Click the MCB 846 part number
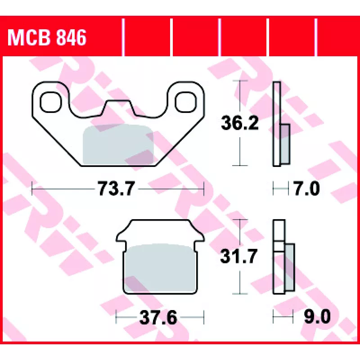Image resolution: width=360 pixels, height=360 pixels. (47, 37)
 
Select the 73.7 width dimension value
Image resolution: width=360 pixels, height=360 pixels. (117, 189)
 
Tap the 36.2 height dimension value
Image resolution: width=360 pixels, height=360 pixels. (240, 123)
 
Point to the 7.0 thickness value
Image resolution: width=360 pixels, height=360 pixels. (307, 189)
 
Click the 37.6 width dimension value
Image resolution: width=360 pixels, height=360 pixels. (158, 318)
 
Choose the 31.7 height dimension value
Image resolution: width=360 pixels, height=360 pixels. (238, 256)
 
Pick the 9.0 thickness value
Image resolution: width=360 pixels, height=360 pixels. (317, 317)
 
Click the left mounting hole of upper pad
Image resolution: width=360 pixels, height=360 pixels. (51, 102)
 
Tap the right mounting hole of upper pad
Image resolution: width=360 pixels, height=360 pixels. (186, 102)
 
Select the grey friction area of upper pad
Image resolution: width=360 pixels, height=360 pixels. (118, 145)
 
